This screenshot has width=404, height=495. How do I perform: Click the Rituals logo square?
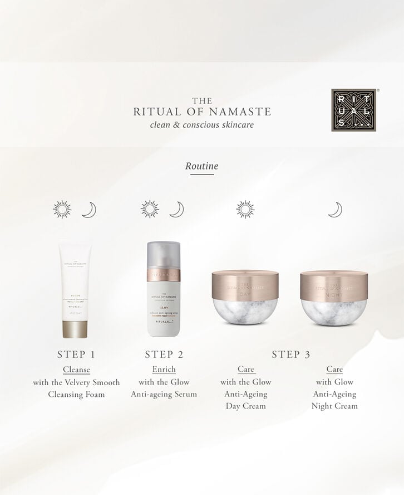[x=354, y=110]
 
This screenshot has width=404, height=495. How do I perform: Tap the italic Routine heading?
[x=201, y=166]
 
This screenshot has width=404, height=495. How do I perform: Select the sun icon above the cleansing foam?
[x=62, y=209]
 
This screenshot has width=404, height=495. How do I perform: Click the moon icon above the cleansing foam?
[x=89, y=210]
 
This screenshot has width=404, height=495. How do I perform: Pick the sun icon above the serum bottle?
[x=150, y=209]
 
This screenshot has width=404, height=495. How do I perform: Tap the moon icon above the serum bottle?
[x=176, y=210]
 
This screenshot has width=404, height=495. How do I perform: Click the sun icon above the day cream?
[x=245, y=209]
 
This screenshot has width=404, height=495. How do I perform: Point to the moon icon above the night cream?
[x=334, y=210]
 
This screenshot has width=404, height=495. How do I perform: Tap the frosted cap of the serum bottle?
[x=163, y=255]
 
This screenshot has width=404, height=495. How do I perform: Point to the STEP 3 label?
[x=291, y=355]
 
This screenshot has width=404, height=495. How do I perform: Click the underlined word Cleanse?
[x=76, y=370]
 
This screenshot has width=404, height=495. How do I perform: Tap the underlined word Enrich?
[x=164, y=370]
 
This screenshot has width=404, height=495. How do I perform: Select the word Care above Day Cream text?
[x=245, y=370]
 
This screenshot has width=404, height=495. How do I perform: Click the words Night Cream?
[x=334, y=406]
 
